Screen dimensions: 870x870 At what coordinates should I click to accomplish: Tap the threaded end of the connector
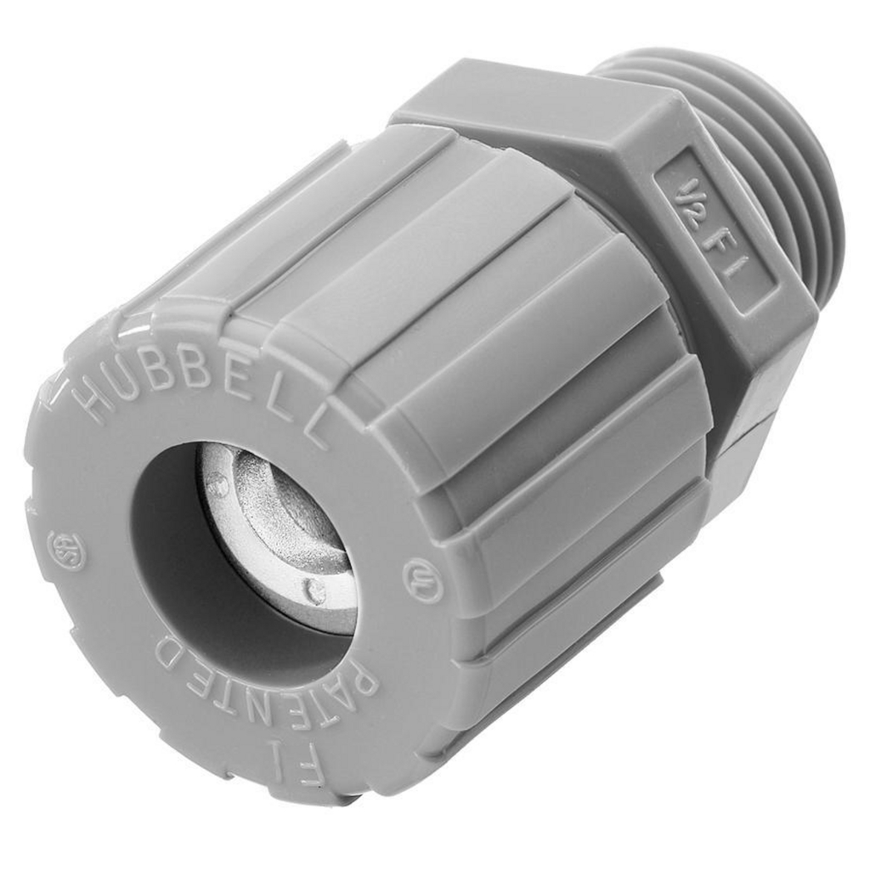pyautogui.click(x=765, y=153)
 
